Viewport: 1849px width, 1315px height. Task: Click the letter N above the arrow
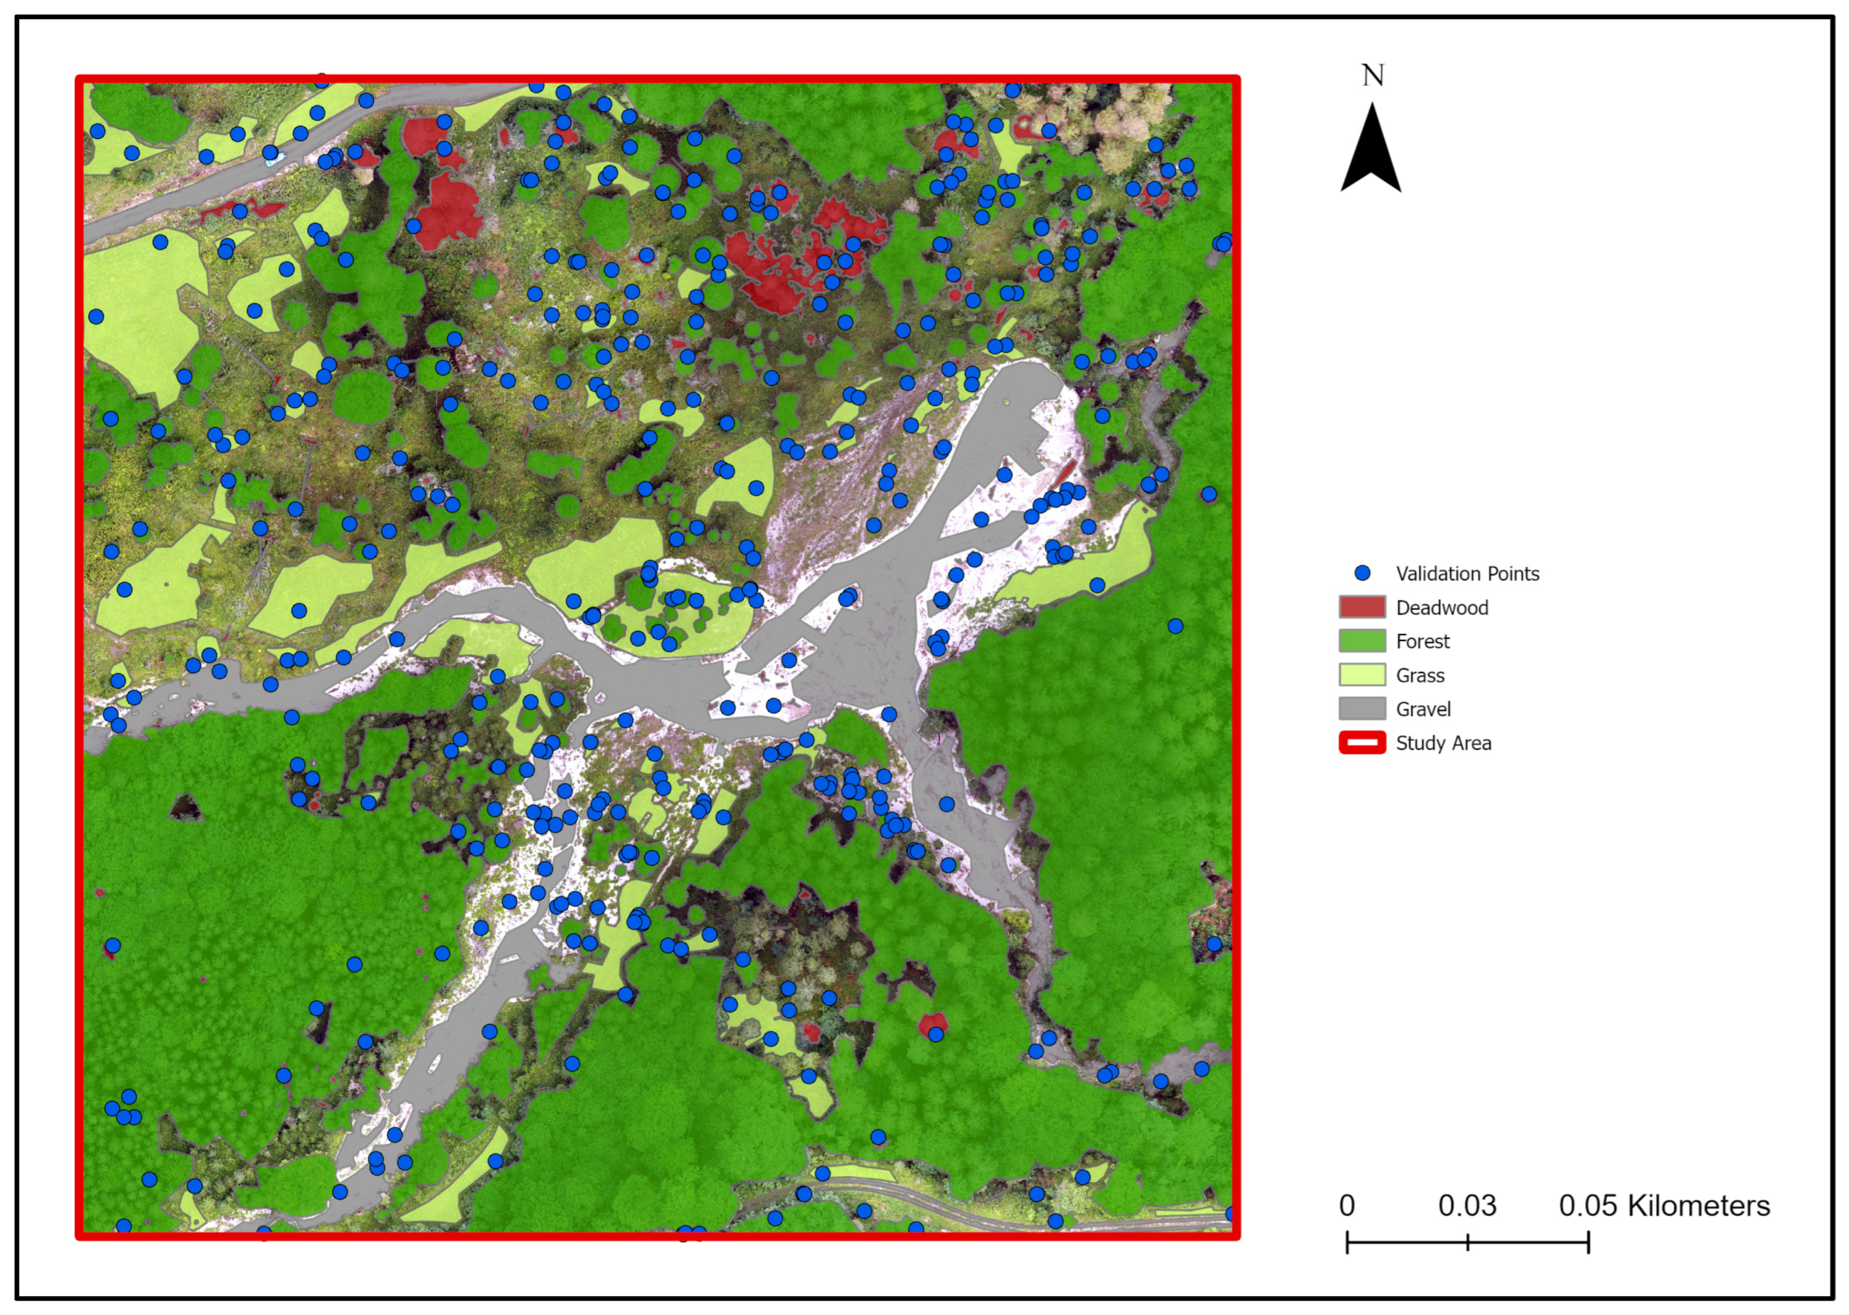click(1372, 75)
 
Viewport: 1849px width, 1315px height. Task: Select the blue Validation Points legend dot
click(1362, 573)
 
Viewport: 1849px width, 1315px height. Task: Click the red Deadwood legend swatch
click(1362, 607)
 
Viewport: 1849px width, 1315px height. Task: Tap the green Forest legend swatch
click(1362, 641)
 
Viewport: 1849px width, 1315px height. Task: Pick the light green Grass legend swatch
click(1362, 675)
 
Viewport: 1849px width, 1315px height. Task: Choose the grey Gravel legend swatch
click(1362, 709)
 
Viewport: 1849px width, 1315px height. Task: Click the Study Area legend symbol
click(1362, 743)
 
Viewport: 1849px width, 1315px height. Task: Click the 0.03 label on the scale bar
click(1467, 1205)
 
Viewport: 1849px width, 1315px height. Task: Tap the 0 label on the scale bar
click(1347, 1205)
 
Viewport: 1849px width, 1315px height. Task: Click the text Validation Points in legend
click(1467, 574)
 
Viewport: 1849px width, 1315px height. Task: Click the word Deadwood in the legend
click(1442, 608)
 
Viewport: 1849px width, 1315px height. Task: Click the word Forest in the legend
click(1422, 642)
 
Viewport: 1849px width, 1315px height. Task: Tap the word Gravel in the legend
click(1423, 710)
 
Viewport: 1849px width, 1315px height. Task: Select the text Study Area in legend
click(1444, 743)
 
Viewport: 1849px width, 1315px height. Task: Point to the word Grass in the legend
click(1420, 676)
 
